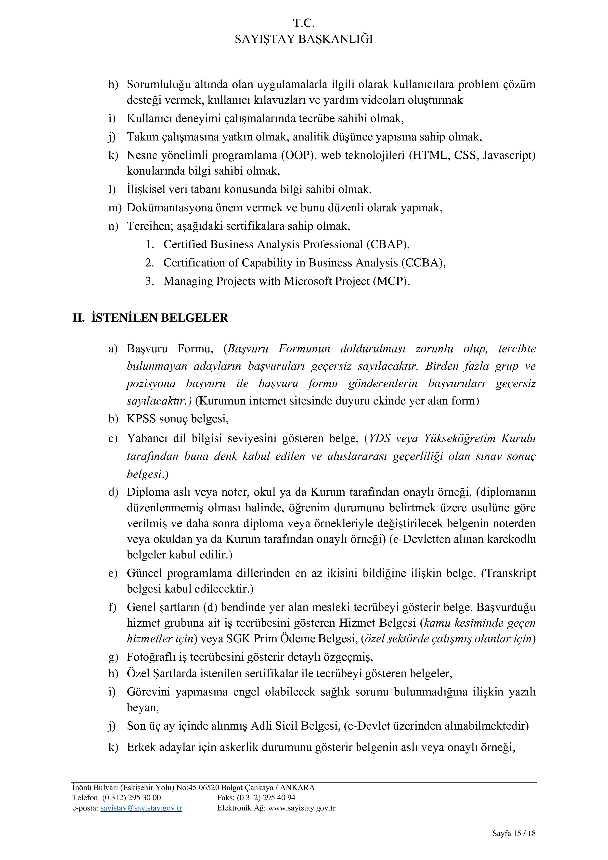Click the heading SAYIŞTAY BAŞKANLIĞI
pyautogui.click(x=304, y=39)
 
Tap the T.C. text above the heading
pyautogui.click(x=304, y=23)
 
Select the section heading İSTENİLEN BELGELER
pyautogui.click(x=160, y=318)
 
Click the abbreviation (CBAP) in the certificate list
pyautogui.click(x=387, y=245)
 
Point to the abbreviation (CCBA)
pyautogui.click(x=423, y=263)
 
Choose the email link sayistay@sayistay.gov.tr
pyautogui.click(x=141, y=808)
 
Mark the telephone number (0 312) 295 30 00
pyautogui.click(x=131, y=797)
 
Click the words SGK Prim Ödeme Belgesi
pyautogui.click(x=291, y=639)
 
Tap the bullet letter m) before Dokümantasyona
pyautogui.click(x=115, y=208)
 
